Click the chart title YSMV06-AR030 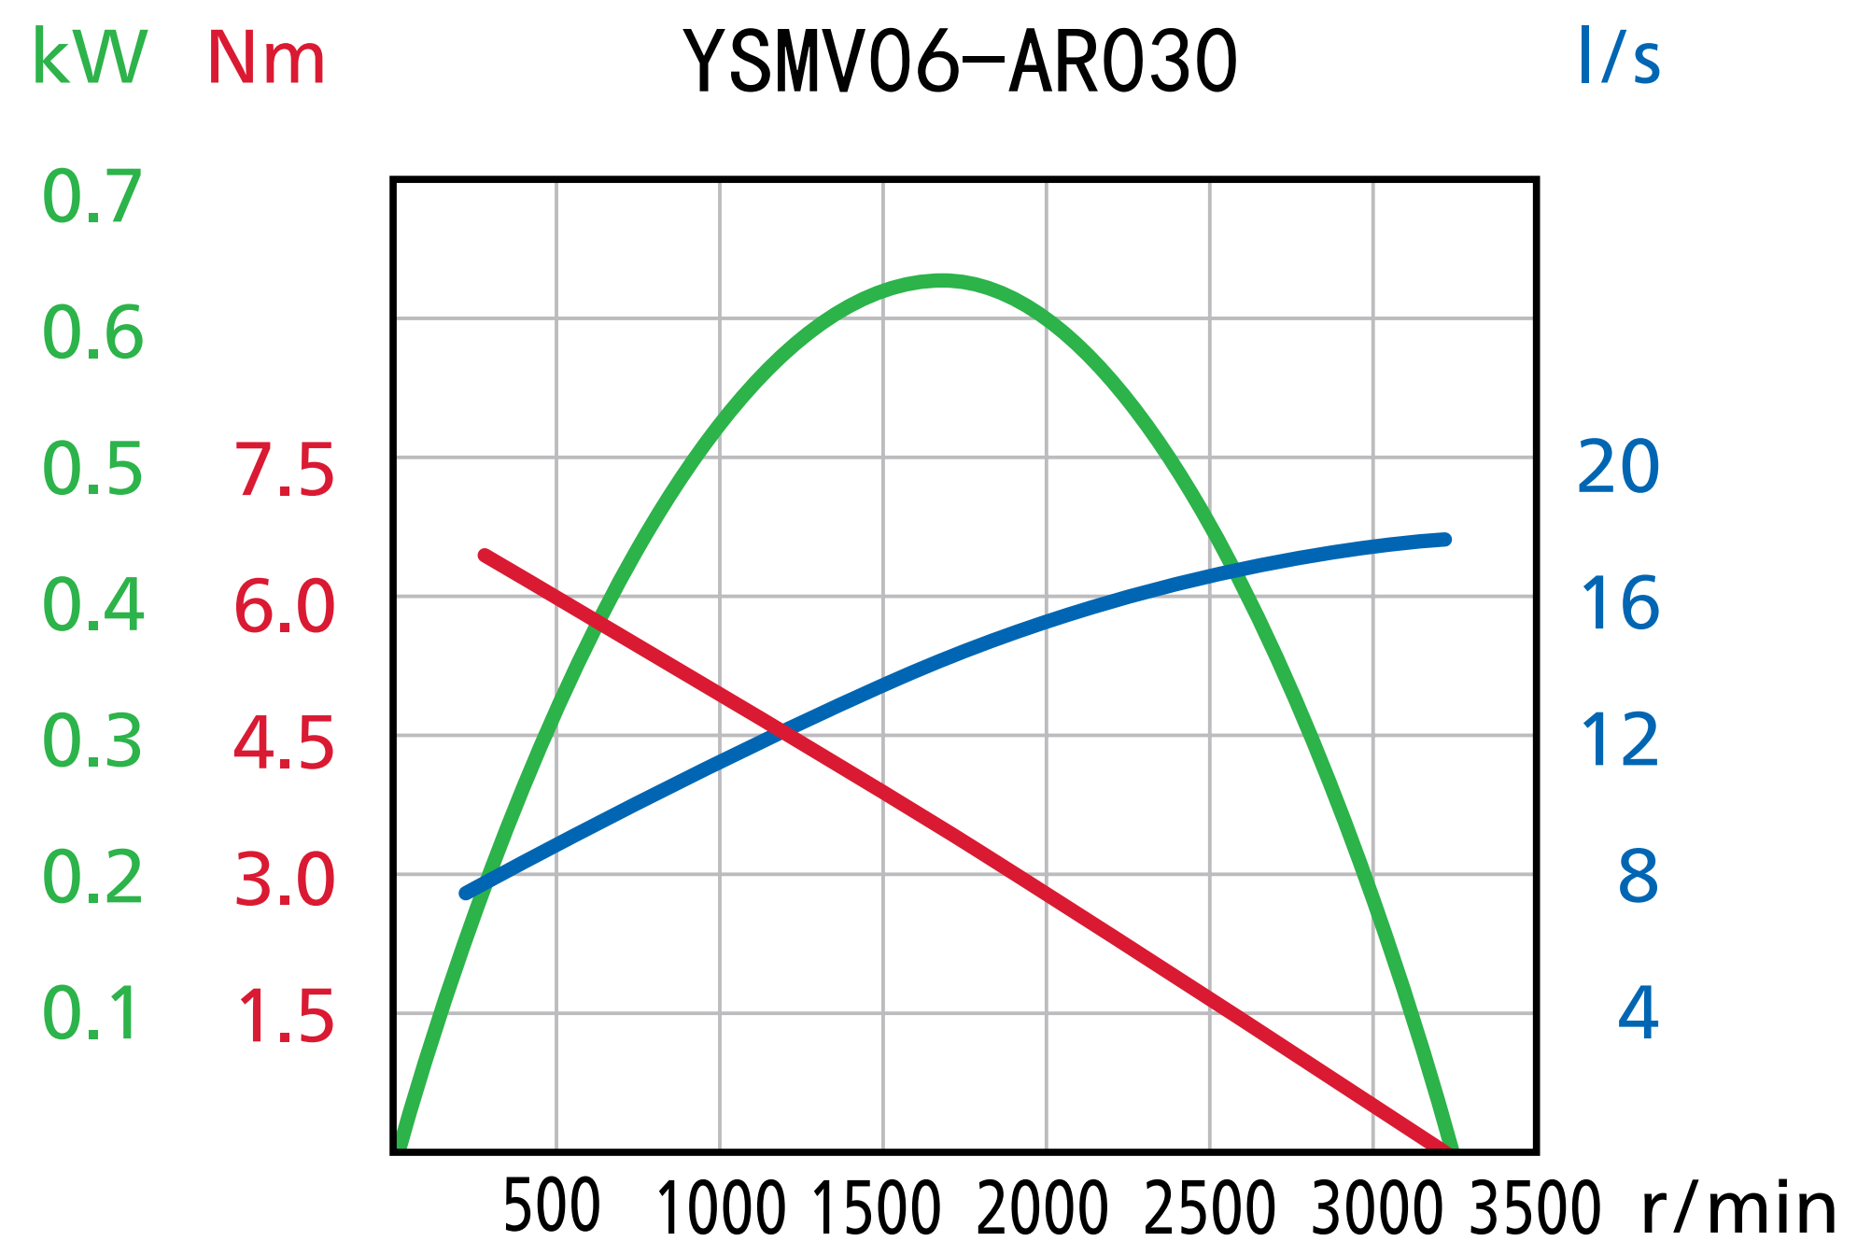(960, 62)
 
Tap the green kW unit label (90, 58)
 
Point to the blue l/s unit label (1619, 58)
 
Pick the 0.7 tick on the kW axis (92, 197)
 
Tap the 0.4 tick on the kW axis (92, 605)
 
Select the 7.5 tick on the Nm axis (284, 470)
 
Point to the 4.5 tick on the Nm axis (284, 744)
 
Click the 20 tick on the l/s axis (1618, 466)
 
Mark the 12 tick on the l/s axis (1619, 740)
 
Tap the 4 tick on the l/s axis (1639, 1012)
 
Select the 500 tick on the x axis (552, 1206)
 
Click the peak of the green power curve (943, 280)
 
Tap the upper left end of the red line (485, 556)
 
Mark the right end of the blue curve (1445, 540)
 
